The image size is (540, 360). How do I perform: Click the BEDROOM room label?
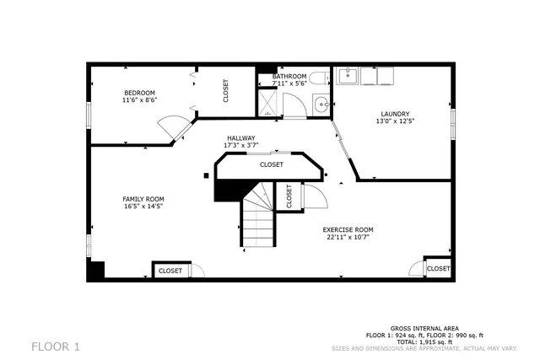click(x=140, y=93)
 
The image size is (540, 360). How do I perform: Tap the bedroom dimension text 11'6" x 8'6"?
click(x=140, y=100)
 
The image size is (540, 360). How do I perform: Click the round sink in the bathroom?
click(x=321, y=105)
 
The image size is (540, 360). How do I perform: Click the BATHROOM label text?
click(x=289, y=77)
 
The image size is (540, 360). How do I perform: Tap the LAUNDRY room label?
click(x=394, y=114)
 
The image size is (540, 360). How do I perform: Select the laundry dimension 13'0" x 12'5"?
click(x=394, y=121)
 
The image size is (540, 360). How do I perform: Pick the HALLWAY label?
click(x=240, y=138)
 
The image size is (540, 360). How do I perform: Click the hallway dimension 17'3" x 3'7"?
click(x=240, y=146)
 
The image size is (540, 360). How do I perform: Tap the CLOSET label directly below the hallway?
click(x=271, y=164)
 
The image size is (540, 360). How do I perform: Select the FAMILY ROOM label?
click(x=143, y=199)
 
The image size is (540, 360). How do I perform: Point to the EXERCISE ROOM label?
click(x=348, y=229)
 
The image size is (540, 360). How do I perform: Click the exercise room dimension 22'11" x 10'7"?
click(x=348, y=237)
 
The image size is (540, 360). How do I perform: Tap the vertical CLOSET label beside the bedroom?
click(x=225, y=91)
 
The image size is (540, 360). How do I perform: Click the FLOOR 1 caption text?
click(x=56, y=346)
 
